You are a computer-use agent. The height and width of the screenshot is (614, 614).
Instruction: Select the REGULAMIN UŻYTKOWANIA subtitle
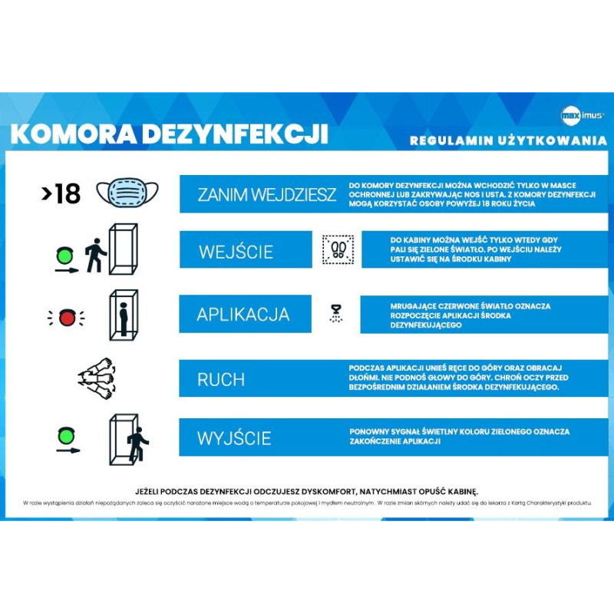[508, 140]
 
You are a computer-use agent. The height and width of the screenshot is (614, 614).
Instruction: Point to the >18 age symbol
[61, 193]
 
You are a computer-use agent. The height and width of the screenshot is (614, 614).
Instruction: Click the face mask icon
[127, 192]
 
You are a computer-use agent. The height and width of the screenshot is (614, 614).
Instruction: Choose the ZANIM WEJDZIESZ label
[266, 194]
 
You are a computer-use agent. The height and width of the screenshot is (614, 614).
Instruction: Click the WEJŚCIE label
[236, 252]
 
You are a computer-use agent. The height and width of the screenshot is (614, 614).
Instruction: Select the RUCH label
[221, 379]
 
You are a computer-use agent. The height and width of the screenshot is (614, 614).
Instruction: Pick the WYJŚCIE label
[234, 438]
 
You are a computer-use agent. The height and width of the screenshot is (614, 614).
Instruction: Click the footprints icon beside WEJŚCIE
[338, 250]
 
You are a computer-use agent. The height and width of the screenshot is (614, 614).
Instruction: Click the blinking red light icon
[66, 315]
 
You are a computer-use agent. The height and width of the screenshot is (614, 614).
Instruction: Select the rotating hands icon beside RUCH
[98, 378]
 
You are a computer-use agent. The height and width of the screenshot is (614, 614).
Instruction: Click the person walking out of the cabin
[137, 443]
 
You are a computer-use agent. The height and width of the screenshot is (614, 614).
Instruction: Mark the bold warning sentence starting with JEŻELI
[306, 490]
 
